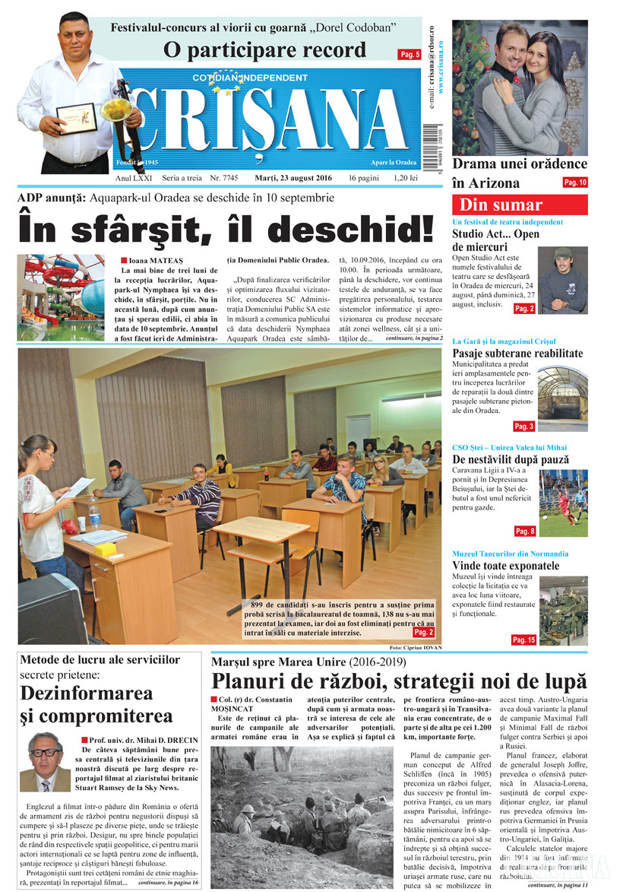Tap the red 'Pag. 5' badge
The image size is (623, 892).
[x=410, y=54]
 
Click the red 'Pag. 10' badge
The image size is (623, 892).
[x=574, y=183]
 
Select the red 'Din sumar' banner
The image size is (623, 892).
[x=520, y=205]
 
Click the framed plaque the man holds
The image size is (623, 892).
[x=77, y=119]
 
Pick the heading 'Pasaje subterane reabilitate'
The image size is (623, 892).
[x=517, y=354]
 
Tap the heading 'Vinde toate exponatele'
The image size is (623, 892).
[x=505, y=566]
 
